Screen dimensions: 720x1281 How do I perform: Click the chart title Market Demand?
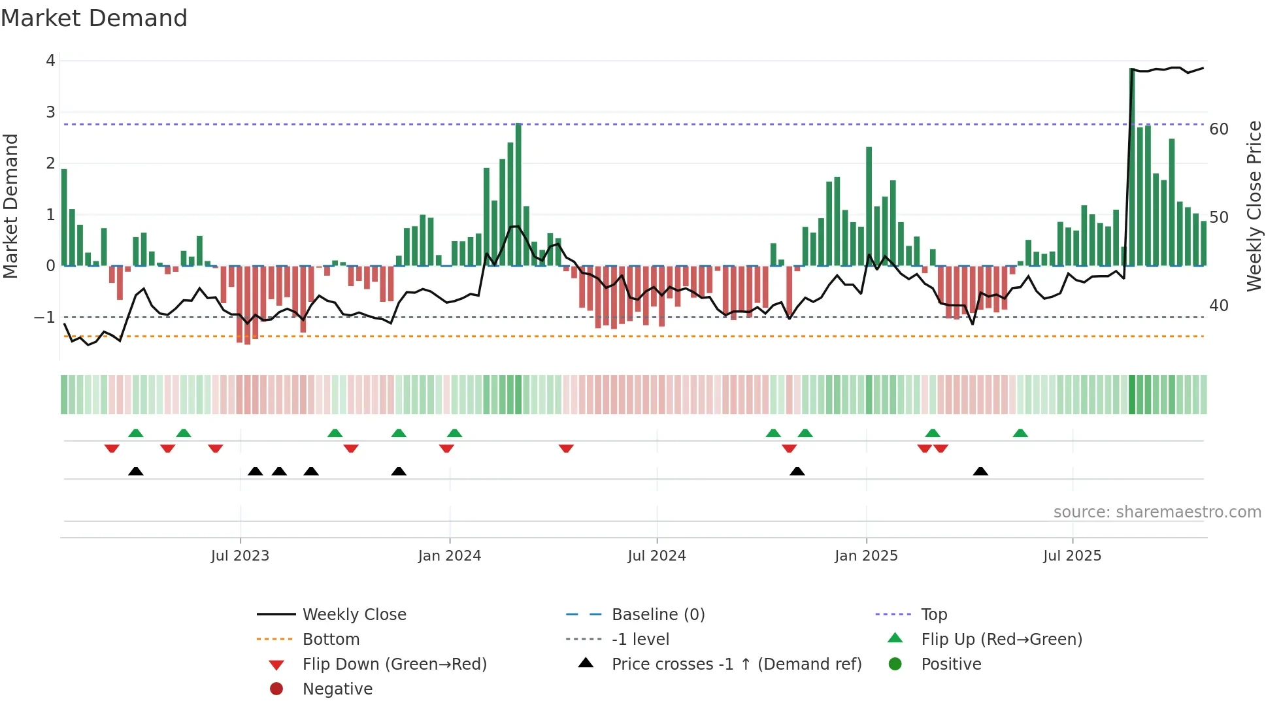point(94,18)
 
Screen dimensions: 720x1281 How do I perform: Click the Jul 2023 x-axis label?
point(240,556)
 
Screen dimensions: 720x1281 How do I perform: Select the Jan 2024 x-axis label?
point(450,556)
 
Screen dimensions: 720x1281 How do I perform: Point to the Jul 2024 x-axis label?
point(657,556)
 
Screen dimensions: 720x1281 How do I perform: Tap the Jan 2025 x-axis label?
point(866,556)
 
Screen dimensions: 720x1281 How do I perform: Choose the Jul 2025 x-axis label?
point(1072,556)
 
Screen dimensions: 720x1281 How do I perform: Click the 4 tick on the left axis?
point(50,61)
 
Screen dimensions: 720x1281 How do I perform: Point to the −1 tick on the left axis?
point(45,318)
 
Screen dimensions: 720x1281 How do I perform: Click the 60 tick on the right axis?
point(1219,129)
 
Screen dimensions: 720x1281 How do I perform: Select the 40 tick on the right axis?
point(1219,306)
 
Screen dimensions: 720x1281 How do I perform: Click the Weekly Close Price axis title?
point(1254,206)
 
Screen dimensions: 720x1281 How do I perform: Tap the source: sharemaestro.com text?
point(1157,512)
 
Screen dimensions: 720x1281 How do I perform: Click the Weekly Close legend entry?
point(354,615)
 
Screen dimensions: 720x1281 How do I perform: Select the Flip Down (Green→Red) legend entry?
point(394,664)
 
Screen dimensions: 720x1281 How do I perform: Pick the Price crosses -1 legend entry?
point(736,664)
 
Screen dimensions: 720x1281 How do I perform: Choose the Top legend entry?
point(934,615)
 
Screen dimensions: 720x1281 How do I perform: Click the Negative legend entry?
point(337,689)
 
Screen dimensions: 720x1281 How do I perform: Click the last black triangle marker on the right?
point(980,472)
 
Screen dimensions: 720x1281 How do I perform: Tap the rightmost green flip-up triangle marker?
point(1020,433)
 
